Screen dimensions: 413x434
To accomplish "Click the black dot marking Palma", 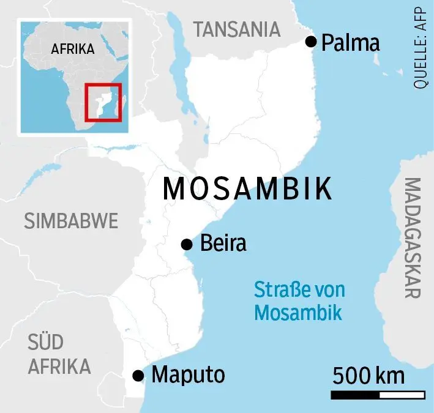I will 311,42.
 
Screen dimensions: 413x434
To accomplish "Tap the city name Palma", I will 351,42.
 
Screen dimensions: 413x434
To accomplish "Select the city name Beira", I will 223,244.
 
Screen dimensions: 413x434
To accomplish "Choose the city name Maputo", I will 188,374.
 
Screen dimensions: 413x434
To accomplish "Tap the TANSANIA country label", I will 236,29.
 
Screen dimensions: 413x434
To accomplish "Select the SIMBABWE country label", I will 71,221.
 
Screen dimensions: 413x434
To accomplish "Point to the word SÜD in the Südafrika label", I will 45,342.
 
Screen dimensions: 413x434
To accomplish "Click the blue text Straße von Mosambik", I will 299,301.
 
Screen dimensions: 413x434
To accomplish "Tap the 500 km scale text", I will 369,374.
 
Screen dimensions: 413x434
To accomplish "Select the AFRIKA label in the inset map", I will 73,49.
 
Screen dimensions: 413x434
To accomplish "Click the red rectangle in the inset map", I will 103,102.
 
